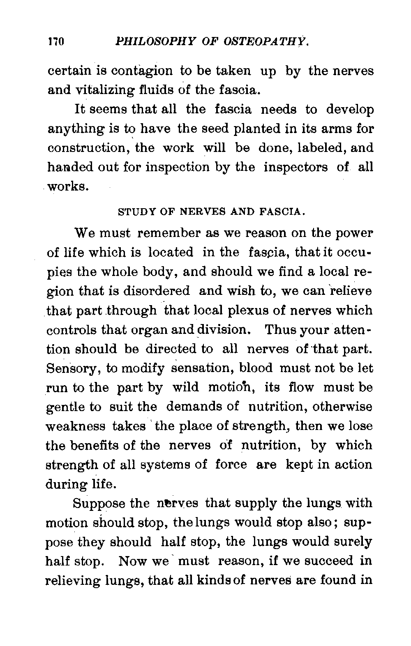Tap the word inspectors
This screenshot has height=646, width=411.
[x=296, y=167]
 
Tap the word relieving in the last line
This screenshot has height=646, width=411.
[x=73, y=580]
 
